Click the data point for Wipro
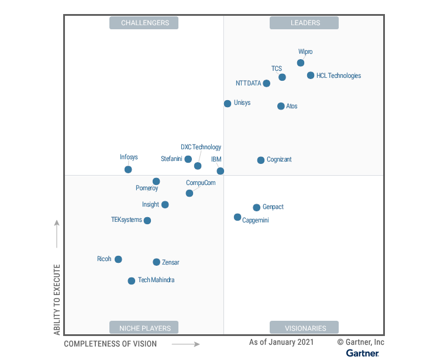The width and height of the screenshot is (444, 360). pos(301,63)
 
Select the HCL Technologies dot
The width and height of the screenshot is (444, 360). pos(311,76)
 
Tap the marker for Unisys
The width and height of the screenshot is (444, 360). pos(228,104)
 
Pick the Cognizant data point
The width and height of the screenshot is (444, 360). pos(261,160)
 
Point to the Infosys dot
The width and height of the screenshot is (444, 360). pos(128,170)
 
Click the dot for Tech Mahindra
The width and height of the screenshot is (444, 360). pos(132,281)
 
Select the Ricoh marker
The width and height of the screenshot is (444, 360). pos(118,259)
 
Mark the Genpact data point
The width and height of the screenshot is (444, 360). pos(256,208)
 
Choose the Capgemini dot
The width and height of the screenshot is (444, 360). pos(238,217)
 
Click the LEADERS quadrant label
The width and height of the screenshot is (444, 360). pos(304,23)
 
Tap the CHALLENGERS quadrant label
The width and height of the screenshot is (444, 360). pos(144,23)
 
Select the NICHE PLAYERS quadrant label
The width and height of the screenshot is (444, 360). pos(144,328)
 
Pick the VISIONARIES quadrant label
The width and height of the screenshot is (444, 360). pos(304,328)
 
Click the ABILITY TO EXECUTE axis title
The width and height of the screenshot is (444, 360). pos(57,299)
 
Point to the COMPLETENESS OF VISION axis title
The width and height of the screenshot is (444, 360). pos(111,344)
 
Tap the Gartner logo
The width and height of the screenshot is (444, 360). pos(363,353)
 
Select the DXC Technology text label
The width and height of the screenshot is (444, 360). pos(201,148)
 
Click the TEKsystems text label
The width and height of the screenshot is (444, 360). pos(126,220)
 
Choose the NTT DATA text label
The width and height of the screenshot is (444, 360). pos(248,83)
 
